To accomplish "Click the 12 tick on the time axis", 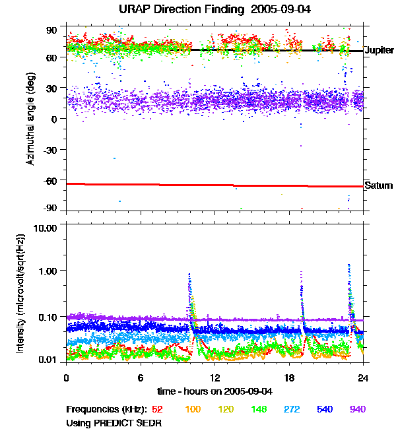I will tap(214, 378).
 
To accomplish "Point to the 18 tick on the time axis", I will tap(289, 378).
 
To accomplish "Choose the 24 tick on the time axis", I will tap(363, 378).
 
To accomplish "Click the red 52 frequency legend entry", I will tap(158, 409).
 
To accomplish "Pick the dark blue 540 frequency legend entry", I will tap(324, 409).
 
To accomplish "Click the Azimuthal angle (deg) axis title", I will tap(30, 119).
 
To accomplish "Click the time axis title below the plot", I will tap(214, 392).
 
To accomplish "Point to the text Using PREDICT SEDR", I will tap(114, 422).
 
